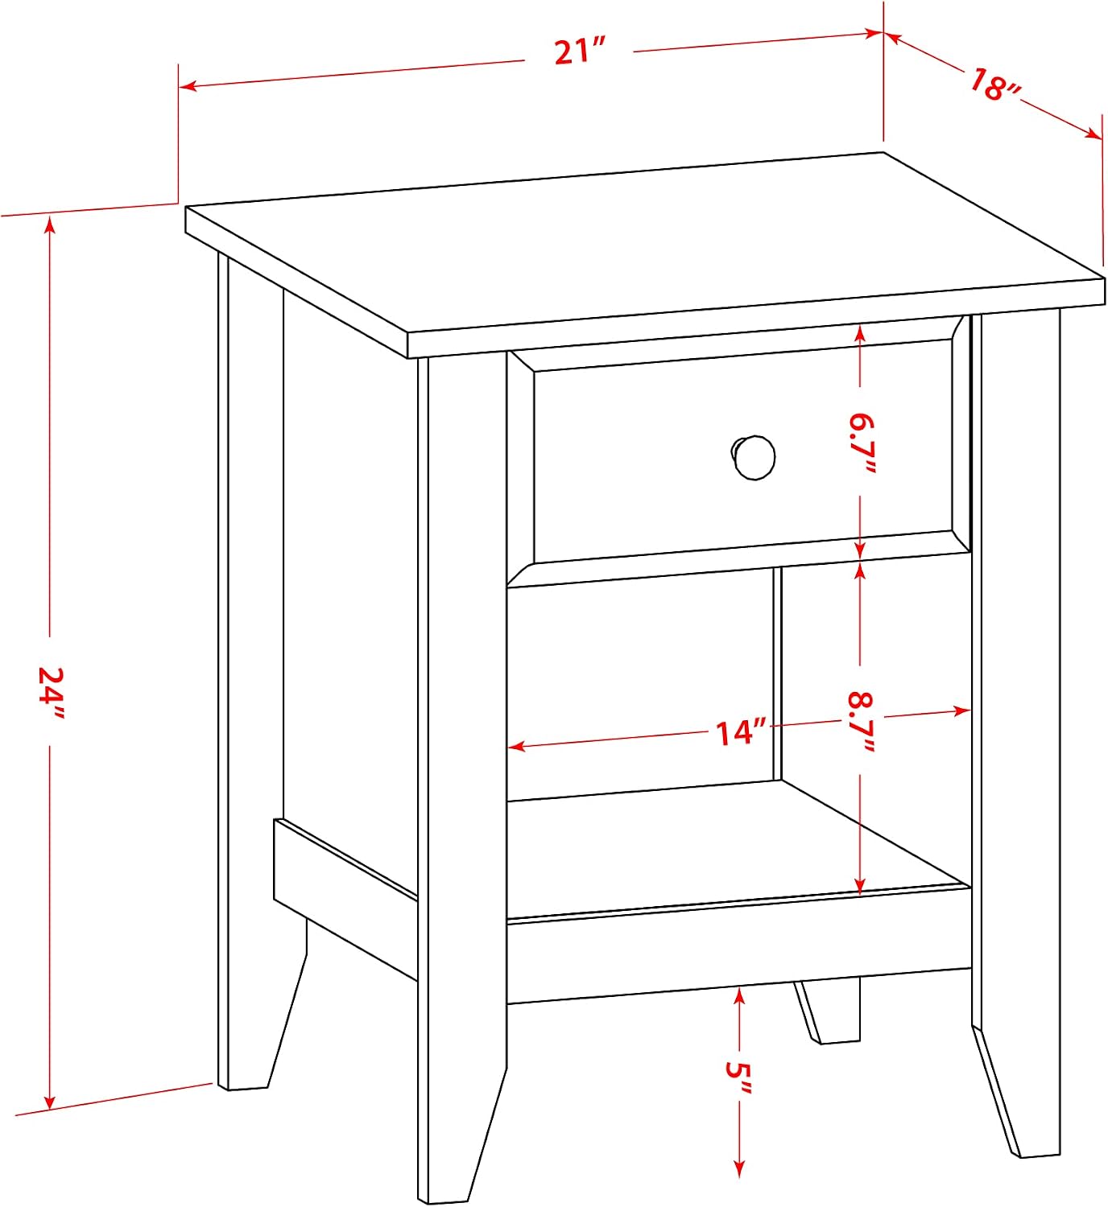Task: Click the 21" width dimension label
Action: [579, 51]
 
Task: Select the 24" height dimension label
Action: [50, 692]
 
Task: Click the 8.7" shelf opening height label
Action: [862, 722]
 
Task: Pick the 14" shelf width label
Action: [741, 732]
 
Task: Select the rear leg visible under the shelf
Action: [828, 1011]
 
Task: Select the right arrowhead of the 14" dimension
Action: [961, 711]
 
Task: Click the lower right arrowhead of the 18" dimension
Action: [1093, 134]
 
